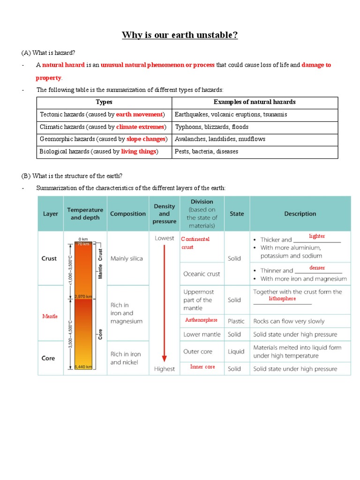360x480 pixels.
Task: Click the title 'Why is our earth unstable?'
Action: pos(180,36)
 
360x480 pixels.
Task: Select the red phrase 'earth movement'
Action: pos(139,114)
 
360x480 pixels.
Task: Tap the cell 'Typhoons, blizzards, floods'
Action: pos(211,127)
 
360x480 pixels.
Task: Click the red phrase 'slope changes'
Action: pos(146,139)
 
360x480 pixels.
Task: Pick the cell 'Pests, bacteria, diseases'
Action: pos(206,151)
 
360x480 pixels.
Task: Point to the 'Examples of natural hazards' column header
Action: pos(255,102)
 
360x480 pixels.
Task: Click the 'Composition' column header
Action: pos(127,214)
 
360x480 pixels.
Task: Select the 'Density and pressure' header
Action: pos(164,214)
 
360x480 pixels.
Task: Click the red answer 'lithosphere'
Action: pos(282,299)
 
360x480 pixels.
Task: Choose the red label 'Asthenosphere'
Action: pos(202,320)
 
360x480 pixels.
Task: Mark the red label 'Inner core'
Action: pos(202,367)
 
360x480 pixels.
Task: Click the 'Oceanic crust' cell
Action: pos(202,274)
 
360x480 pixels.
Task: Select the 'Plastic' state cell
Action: pos(236,322)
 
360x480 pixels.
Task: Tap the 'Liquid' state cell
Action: pos(236,352)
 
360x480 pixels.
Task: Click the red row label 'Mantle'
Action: pos(50,316)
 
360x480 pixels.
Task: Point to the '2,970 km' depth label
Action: pos(82,297)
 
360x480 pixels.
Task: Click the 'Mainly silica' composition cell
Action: pos(127,258)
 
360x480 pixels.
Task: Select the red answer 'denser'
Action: pos(317,268)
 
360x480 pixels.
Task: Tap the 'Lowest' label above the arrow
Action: pos(165,238)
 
